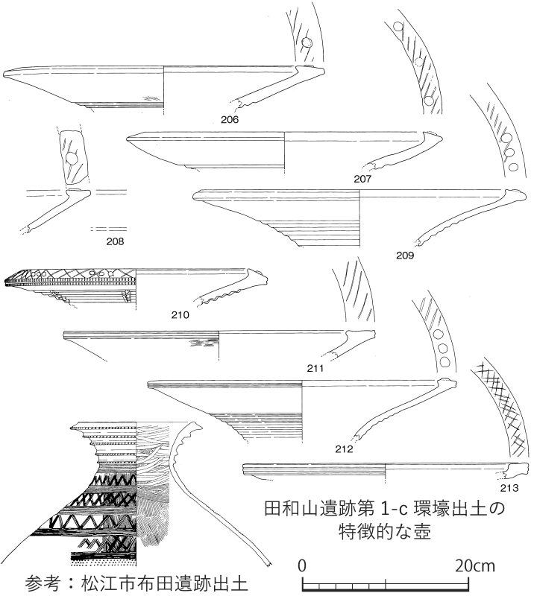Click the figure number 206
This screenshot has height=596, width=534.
tap(230, 119)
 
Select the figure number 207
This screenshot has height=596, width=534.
tap(362, 179)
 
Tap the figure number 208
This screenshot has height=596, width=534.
tap(115, 241)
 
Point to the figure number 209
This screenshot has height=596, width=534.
tap(405, 255)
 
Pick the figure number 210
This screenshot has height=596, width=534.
tap(180, 314)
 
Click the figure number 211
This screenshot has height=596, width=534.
tap(315, 368)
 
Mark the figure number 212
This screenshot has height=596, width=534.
tap(344, 449)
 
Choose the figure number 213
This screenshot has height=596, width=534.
tap(509, 488)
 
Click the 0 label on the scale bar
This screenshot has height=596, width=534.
tap(302, 566)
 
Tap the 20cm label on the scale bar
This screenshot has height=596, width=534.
tap(475, 566)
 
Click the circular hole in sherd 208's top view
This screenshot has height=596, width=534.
tap(72, 159)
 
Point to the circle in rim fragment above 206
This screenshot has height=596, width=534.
tap(306, 43)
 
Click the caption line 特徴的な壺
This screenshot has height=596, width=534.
tap(385, 532)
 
